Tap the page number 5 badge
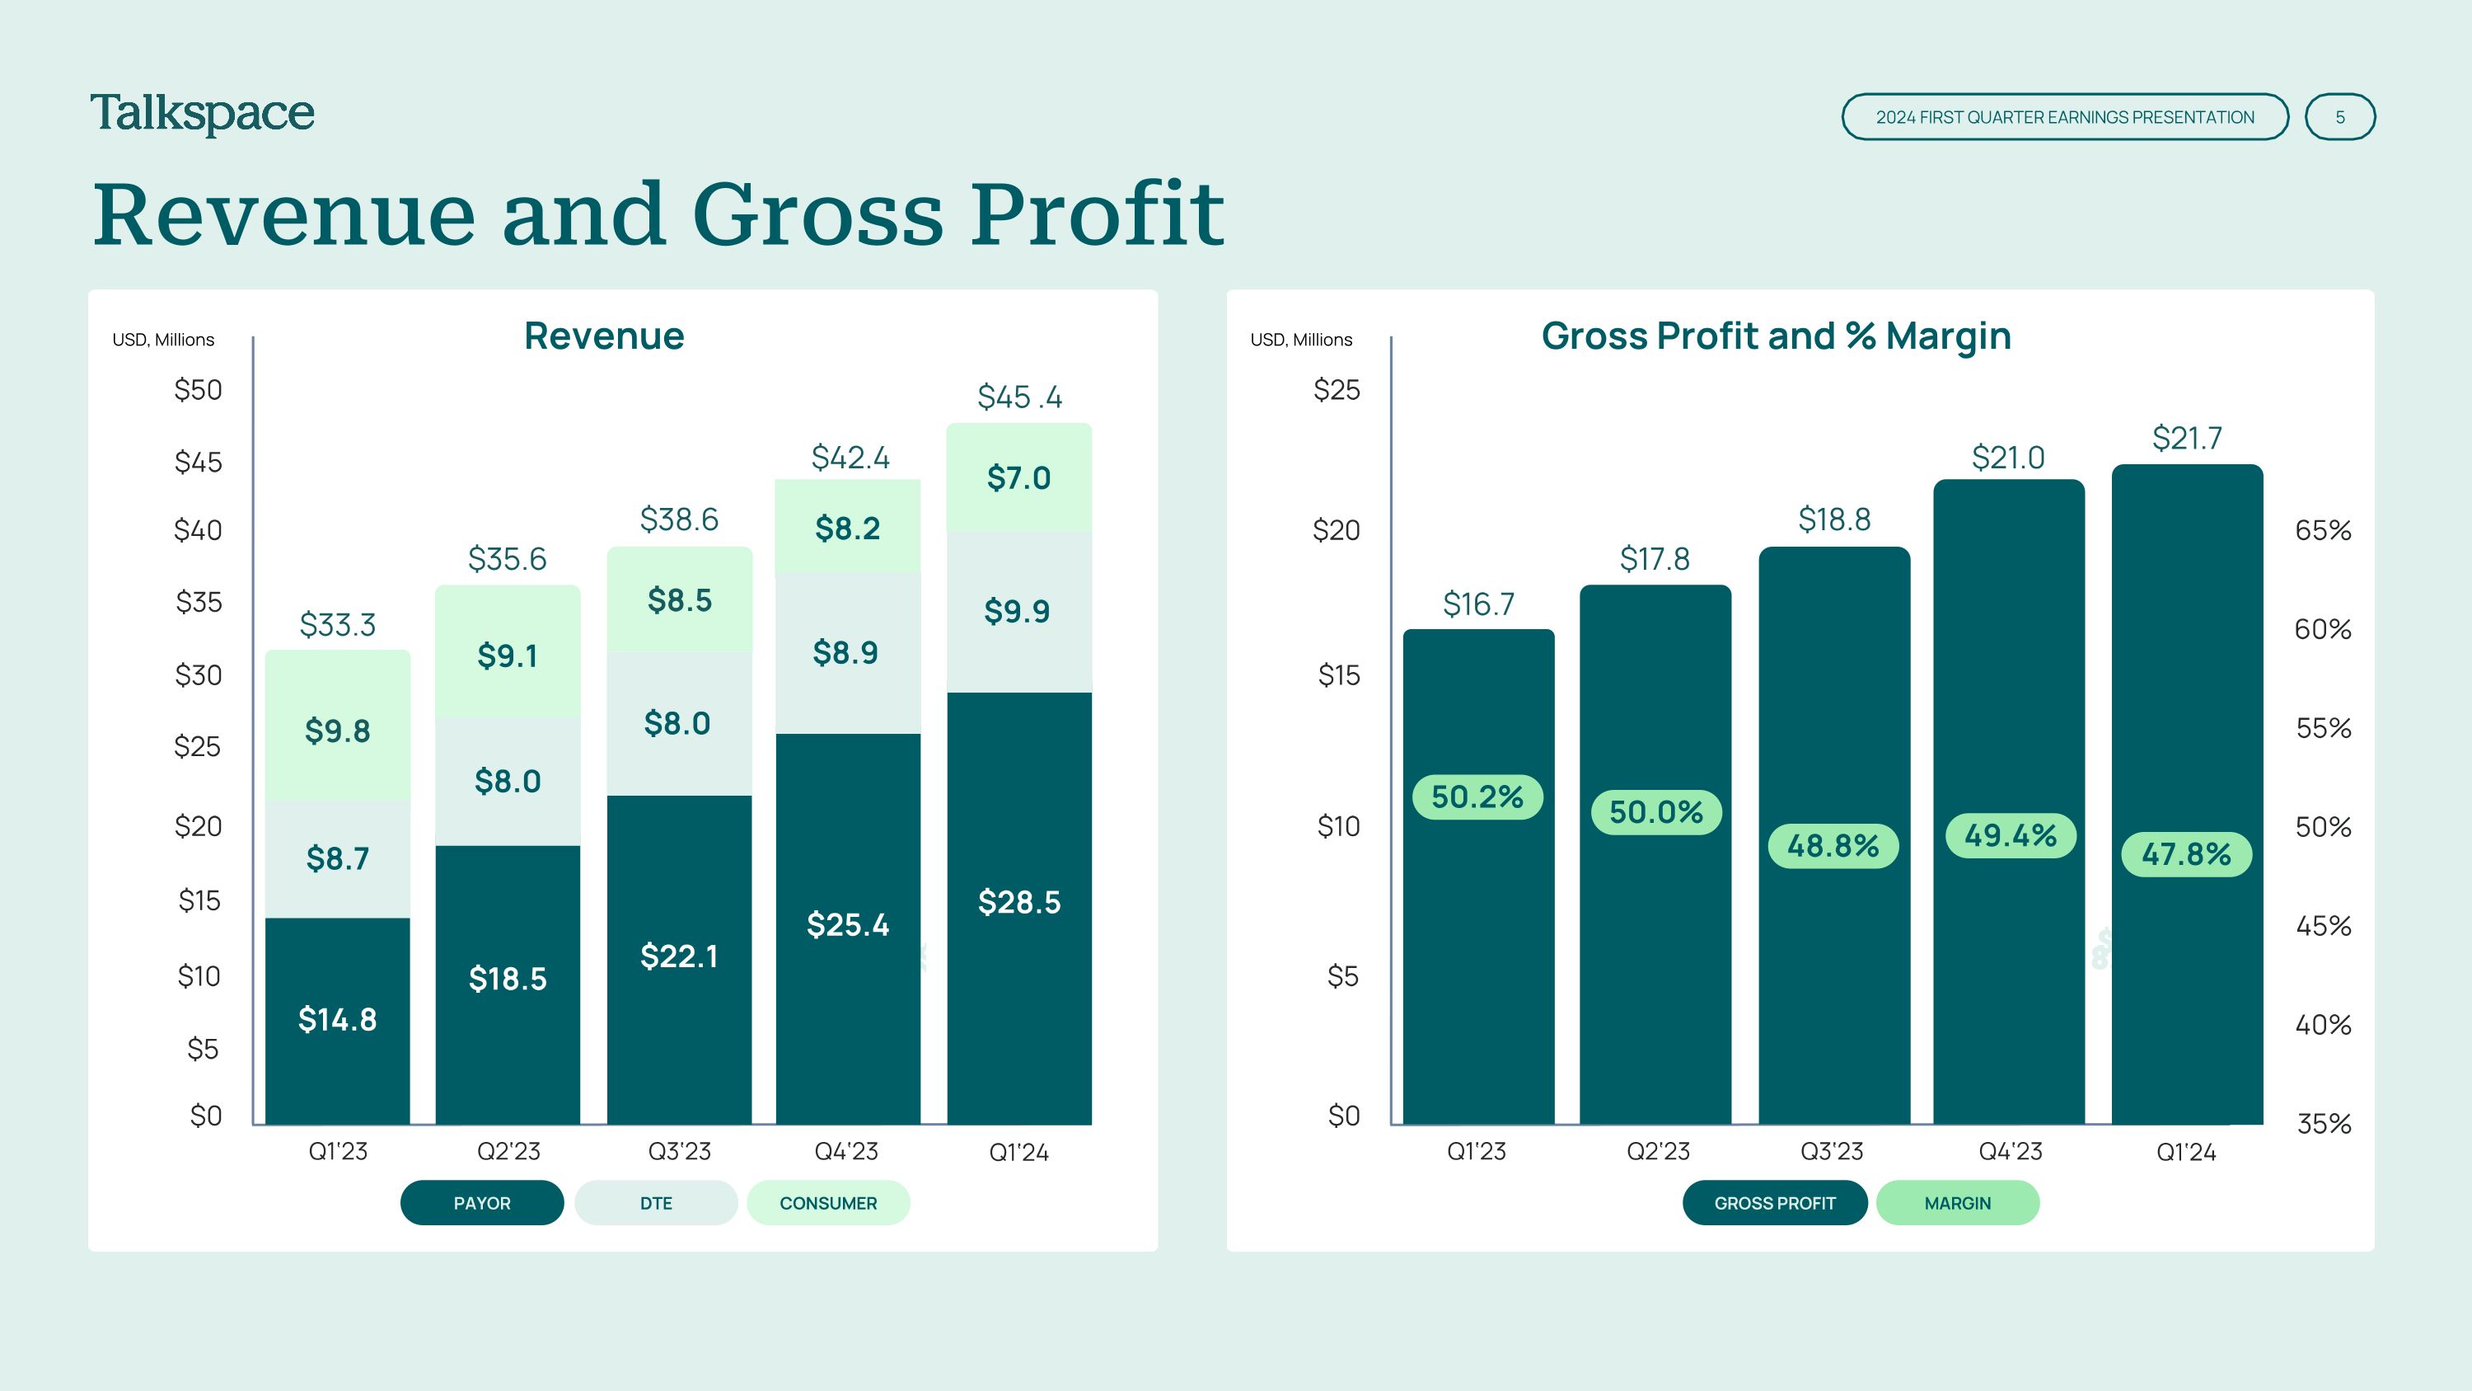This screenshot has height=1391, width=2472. (2339, 117)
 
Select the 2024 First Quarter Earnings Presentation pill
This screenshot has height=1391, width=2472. (2064, 117)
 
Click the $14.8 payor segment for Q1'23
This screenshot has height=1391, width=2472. (337, 1019)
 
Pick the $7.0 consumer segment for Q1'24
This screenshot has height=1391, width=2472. (1018, 478)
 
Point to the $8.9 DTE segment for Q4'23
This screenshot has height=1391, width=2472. (845, 653)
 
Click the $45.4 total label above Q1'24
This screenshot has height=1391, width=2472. (1019, 397)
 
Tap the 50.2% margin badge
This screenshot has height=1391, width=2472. (1477, 797)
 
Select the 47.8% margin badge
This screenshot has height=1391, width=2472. (2186, 854)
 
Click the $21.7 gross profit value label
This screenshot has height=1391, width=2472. (2186, 438)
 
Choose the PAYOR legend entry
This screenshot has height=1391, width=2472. (482, 1203)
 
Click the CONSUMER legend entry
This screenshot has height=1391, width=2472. (828, 1203)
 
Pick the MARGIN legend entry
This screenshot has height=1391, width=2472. (1958, 1203)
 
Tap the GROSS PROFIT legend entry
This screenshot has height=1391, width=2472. (1774, 1203)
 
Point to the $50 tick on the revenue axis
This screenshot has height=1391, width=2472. (198, 390)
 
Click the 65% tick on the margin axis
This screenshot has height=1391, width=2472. (2322, 530)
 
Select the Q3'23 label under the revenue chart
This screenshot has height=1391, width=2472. (680, 1151)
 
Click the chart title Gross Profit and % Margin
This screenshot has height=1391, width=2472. (1777, 336)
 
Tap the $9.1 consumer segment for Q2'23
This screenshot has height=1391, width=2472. (508, 656)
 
